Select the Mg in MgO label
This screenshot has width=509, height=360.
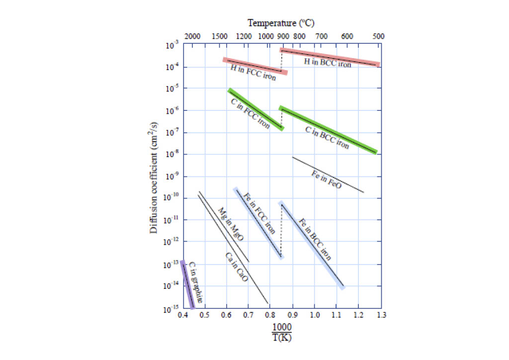coord(231,224)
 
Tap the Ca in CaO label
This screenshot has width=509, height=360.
coord(237,268)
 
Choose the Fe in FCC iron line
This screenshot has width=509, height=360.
coord(258,223)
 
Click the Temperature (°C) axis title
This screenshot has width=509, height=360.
coord(281,23)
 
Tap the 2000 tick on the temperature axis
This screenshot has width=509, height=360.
coord(192,36)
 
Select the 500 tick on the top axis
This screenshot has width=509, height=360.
coord(378,36)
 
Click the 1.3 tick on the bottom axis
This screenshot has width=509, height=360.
coord(381,315)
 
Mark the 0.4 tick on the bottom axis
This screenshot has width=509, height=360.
coord(183,315)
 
